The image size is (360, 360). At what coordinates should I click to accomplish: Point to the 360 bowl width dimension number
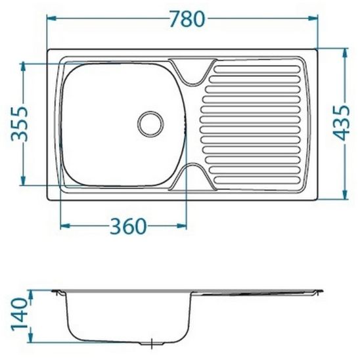click(127, 225)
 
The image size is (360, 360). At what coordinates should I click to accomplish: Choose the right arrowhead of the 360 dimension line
click(188, 226)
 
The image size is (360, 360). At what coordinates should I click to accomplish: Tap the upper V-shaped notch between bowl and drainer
click(192, 73)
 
